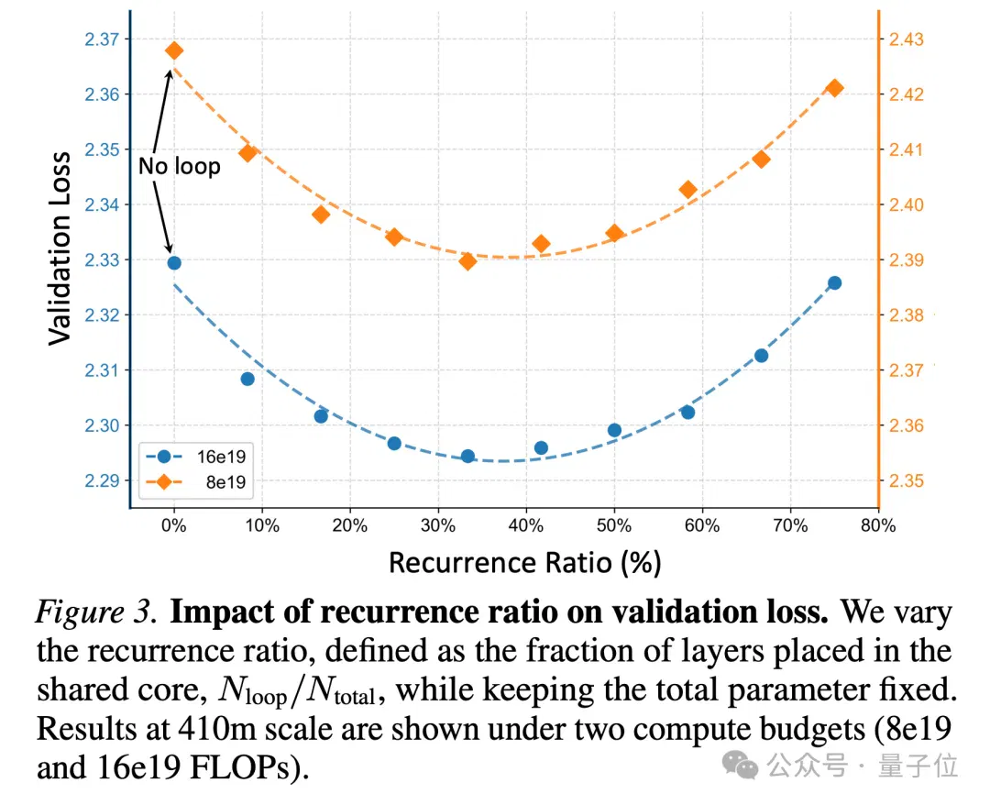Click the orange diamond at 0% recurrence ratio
[x=174, y=50]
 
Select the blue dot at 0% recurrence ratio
[x=174, y=262]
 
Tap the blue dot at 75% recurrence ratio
[x=835, y=283]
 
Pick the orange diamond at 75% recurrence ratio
[x=835, y=88]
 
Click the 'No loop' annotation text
[x=180, y=166]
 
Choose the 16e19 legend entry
[x=195, y=456]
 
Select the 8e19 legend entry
[x=195, y=481]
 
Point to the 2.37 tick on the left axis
[x=102, y=39]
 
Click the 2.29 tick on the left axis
[x=102, y=480]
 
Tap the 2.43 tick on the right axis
[x=906, y=39]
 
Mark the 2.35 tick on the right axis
[x=906, y=480]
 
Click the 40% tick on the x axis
[x=526, y=524]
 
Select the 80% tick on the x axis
[x=878, y=524]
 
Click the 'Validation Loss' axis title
[x=60, y=248]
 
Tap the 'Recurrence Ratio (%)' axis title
[x=524, y=563]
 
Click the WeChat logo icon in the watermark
[x=740, y=766]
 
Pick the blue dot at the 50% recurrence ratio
[x=614, y=430]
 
